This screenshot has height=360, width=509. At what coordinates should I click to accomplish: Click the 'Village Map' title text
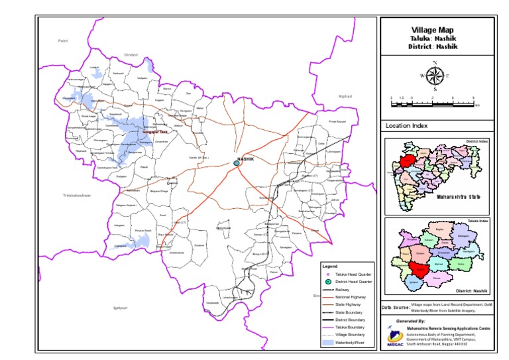pyautogui.click(x=435, y=30)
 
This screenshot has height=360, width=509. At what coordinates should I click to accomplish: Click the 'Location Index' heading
pyautogui.click(x=406, y=126)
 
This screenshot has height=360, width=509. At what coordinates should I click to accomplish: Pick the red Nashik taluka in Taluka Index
pyautogui.click(x=418, y=269)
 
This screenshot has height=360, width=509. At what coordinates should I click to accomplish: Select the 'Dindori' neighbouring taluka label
pyautogui.click(x=131, y=55)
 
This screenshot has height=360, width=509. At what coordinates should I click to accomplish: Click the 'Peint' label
pyautogui.click(x=64, y=41)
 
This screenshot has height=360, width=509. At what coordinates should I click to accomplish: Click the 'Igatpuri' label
pyautogui.click(x=120, y=308)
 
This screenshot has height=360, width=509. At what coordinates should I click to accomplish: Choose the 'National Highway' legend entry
pyautogui.click(x=351, y=298)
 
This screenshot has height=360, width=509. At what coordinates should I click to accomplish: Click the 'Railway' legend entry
pyautogui.click(x=343, y=290)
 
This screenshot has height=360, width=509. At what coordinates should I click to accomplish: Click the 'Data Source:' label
pyautogui.click(x=396, y=308)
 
